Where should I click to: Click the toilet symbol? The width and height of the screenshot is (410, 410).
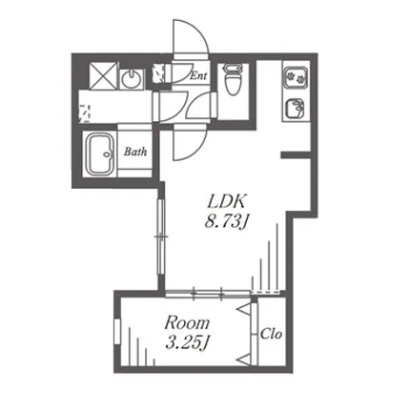click(x=233, y=79)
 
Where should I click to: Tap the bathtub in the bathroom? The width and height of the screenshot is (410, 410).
click(x=100, y=155)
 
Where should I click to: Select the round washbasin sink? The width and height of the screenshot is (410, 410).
click(x=131, y=78)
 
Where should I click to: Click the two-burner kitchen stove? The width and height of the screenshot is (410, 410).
click(x=296, y=76)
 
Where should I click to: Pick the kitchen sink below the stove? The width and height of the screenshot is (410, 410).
click(x=296, y=109)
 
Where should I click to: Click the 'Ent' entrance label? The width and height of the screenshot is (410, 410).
click(x=198, y=75)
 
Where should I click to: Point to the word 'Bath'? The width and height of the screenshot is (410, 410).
click(x=135, y=152)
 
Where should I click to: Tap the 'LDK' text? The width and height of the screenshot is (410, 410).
click(x=227, y=201)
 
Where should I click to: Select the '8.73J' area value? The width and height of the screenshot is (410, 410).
click(x=226, y=221)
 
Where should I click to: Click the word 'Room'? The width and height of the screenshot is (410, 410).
click(x=187, y=323)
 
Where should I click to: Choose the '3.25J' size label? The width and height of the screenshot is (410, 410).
click(x=188, y=343)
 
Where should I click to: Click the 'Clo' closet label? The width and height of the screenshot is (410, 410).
click(x=271, y=334)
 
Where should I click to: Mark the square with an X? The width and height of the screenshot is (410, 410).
click(x=103, y=75)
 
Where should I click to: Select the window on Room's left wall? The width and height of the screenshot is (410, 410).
click(x=117, y=331)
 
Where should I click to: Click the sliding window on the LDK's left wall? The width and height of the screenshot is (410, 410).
click(x=161, y=237)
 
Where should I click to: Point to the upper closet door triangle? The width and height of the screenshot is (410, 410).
click(x=244, y=309)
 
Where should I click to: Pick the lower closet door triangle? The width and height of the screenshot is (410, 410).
click(x=244, y=359)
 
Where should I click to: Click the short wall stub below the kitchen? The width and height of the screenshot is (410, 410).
click(x=296, y=154)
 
